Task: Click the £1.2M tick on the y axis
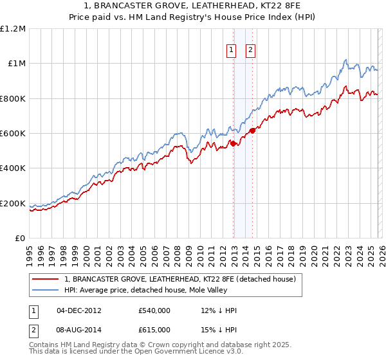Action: pyautogui.click(x=13, y=29)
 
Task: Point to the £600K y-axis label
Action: pyautogui.click(x=13, y=134)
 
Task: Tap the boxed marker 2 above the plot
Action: pyautogui.click(x=250, y=51)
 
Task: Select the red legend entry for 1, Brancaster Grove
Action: pyautogui.click(x=179, y=279)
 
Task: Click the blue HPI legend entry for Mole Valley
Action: pyautogui.click(x=156, y=291)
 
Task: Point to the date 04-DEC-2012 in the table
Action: pyautogui.click(x=78, y=310)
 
